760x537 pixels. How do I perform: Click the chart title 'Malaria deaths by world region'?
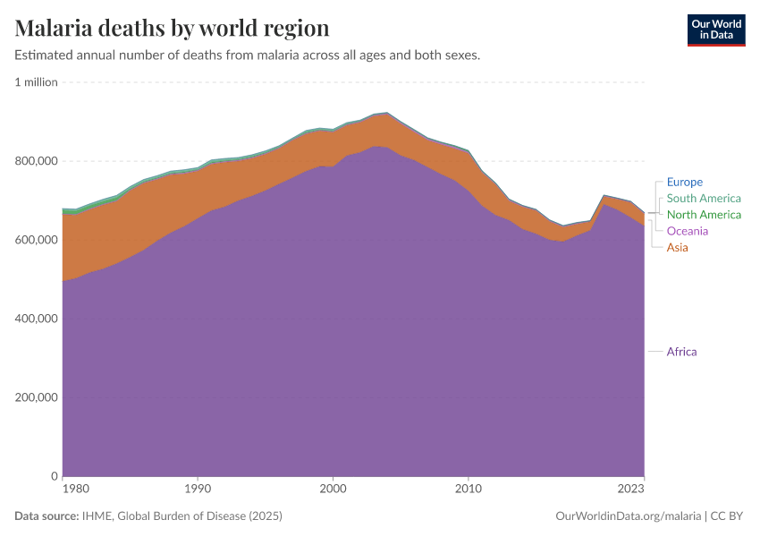click(x=172, y=29)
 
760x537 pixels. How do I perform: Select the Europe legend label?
click(x=685, y=182)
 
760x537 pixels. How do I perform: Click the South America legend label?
click(x=704, y=199)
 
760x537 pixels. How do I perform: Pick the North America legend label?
click(x=704, y=215)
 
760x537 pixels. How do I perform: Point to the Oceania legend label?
click(x=688, y=231)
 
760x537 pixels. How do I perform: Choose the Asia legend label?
click(x=678, y=247)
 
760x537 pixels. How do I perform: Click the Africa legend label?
click(x=681, y=352)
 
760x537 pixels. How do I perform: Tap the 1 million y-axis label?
click(x=36, y=82)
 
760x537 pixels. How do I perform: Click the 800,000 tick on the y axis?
click(x=36, y=161)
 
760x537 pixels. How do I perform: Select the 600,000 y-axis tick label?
click(x=36, y=240)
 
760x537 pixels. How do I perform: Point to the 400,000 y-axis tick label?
click(x=36, y=319)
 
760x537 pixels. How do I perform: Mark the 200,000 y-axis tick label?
click(x=36, y=397)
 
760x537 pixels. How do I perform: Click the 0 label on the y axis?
click(x=54, y=476)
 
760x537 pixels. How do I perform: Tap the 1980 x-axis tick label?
click(x=75, y=490)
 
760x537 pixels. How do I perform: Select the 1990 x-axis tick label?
click(x=198, y=490)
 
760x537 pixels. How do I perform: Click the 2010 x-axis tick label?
click(x=468, y=490)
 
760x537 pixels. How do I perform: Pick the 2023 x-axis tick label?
click(x=630, y=490)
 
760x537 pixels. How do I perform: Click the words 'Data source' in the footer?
click(x=46, y=516)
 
